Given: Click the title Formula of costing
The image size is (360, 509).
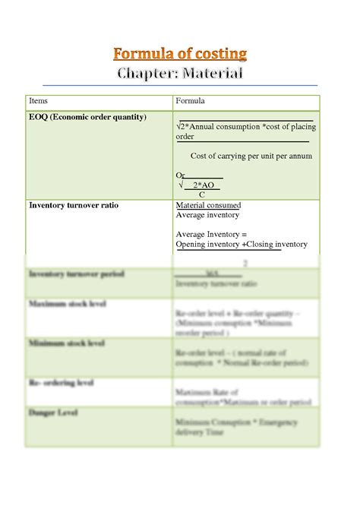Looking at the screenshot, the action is tap(180, 53).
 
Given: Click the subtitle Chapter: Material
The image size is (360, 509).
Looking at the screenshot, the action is tap(180, 74).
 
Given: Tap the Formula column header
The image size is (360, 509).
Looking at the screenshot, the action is tap(190, 100).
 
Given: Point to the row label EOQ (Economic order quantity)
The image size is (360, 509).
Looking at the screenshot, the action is tap(87, 117).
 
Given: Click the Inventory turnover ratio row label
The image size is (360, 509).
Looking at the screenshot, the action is tap(74, 205).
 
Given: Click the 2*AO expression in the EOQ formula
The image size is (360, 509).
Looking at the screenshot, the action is tap(203, 185).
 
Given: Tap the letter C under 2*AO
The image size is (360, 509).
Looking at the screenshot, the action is tap(201, 194).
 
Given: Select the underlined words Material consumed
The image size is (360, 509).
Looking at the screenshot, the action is tap(208, 205).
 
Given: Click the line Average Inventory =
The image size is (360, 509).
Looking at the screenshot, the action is tap(207, 235).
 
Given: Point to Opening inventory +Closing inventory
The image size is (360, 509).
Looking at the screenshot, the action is tap(242, 245).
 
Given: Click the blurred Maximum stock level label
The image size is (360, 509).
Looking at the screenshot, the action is tap(68, 304).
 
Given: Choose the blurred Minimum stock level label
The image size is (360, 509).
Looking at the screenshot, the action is tap(67, 343).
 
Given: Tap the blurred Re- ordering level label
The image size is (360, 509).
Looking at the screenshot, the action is tap(62, 383).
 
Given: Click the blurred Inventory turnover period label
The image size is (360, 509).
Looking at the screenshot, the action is tap(76, 273).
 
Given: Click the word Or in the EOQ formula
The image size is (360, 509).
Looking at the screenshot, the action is tap(180, 175).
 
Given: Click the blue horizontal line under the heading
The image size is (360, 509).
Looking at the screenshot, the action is tap(180, 85).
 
